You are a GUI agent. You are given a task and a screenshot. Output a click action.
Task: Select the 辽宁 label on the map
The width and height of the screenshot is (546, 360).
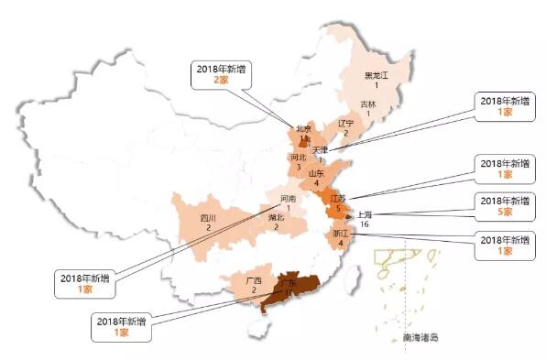pos(345,123)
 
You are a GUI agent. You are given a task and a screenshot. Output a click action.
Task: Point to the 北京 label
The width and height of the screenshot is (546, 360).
pos(303,129)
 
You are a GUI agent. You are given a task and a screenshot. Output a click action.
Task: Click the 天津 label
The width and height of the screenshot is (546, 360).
pos(320,148)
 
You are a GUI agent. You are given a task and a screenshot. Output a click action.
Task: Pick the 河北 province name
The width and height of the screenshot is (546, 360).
pos(298,158)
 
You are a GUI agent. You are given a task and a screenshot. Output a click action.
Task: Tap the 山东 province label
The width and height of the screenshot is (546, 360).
pos(316,172)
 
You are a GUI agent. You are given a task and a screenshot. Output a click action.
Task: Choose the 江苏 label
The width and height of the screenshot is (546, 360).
pos(338,199)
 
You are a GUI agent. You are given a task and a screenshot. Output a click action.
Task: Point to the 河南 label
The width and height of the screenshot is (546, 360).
pos(287,198)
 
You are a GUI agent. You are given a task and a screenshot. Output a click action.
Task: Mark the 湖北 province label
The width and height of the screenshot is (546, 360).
pos(276,218)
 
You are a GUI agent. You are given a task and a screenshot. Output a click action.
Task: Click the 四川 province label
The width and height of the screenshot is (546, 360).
pos(208,218)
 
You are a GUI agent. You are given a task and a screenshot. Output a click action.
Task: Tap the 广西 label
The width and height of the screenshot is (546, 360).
pos(254,279)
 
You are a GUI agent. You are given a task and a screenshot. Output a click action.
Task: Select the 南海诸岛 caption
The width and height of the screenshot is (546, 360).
pos(420,338)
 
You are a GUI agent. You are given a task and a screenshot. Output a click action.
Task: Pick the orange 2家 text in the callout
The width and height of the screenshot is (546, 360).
pos(222,81)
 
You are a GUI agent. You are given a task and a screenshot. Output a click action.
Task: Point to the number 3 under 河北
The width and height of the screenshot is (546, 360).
pos(298,168)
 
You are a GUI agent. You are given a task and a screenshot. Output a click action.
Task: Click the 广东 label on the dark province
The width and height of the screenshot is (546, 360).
pos(290,283)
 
